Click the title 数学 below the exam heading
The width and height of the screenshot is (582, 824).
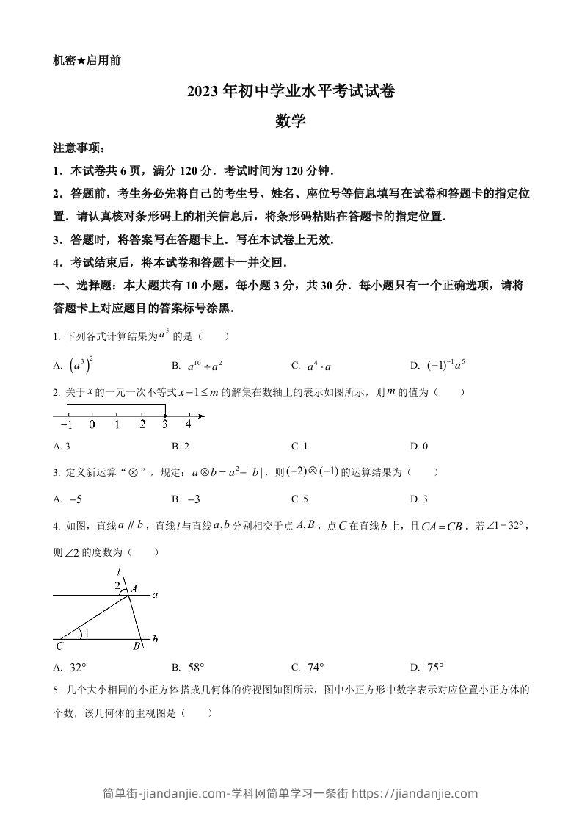pyautogui.click(x=291, y=121)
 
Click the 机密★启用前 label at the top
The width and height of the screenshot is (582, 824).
pyautogui.click(x=87, y=61)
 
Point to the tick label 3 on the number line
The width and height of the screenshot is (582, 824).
pyautogui.click(x=165, y=424)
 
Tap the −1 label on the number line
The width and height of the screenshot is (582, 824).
pyautogui.click(x=65, y=424)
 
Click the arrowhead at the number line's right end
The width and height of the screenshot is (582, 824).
pyautogui.click(x=202, y=416)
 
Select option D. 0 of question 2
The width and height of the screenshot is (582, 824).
pyautogui.click(x=419, y=446)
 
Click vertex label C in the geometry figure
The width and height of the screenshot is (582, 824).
pyautogui.click(x=59, y=647)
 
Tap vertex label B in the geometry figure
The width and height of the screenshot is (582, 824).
pyautogui.click(x=136, y=647)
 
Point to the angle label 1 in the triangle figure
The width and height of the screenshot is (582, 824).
pyautogui.click(x=87, y=632)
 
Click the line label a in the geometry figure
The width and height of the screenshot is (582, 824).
pyautogui.click(x=155, y=595)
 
